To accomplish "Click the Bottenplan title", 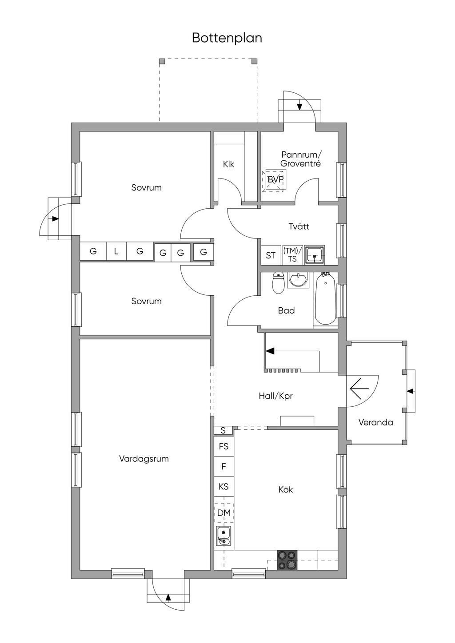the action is pyautogui.click(x=227, y=38).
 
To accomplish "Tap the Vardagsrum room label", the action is pyautogui.click(x=144, y=459).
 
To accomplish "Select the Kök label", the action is pyautogui.click(x=286, y=490).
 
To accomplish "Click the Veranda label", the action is pyautogui.click(x=375, y=422).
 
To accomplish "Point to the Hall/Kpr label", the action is pyautogui.click(x=275, y=396).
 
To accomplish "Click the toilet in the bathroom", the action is pyautogui.click(x=278, y=283).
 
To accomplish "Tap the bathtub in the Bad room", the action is pyautogui.click(x=325, y=300).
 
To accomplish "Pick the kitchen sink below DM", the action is pyautogui.click(x=224, y=535).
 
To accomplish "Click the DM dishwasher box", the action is pyautogui.click(x=224, y=512).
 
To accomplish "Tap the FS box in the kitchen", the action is pyautogui.click(x=224, y=446).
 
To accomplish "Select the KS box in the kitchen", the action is pyautogui.click(x=224, y=487).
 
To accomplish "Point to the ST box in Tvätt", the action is pyautogui.click(x=271, y=255).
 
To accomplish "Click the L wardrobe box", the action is pyautogui.click(x=116, y=251).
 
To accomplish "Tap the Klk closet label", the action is pyautogui.click(x=228, y=164).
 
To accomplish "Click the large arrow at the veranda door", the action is pyautogui.click(x=359, y=389).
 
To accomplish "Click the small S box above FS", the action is pyautogui.click(x=223, y=430).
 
